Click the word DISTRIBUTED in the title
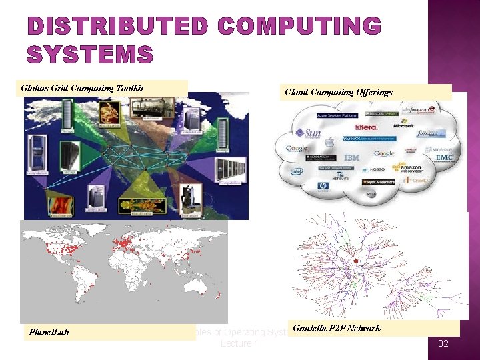coord(117,27)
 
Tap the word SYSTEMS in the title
coord(90,54)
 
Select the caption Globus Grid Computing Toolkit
coord(83,88)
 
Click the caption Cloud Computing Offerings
coord(339,92)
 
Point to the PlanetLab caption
coord(49,332)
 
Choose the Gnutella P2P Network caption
coord(336,328)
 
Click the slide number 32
coord(443,344)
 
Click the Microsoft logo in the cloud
coord(403,125)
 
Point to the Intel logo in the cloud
coord(297,171)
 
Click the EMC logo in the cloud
coord(445,158)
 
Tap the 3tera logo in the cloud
coord(366,127)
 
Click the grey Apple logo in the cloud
coord(329,142)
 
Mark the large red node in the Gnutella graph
coord(356,260)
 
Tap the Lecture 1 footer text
coord(239,343)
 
